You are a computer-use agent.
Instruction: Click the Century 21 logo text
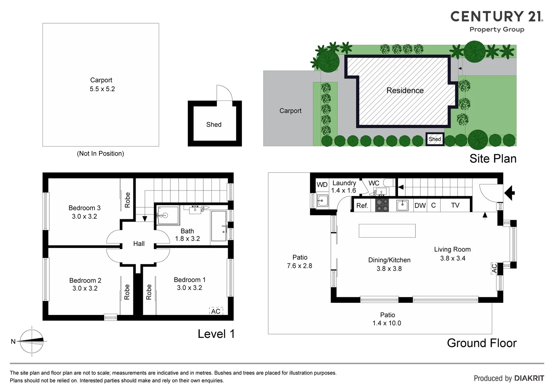pos(496,17)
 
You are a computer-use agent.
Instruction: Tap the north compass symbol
pos(32,341)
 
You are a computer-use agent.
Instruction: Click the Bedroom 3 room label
pos(84,208)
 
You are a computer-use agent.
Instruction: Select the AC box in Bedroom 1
pos(216,311)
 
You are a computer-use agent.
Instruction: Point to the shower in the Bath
pos(168,216)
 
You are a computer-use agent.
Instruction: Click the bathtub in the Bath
pos(219,226)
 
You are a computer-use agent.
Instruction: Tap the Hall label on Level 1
pos(139,244)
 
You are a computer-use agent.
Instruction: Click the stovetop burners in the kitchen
pos(382,205)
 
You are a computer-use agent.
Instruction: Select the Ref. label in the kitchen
pos(362,205)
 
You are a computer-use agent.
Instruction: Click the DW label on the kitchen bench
pos(420,205)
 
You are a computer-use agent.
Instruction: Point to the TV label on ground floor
pos(455,205)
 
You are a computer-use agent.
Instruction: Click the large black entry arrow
pos(510,193)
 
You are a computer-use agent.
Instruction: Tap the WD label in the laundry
pos(322,184)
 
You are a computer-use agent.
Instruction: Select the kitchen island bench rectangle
pos(387,231)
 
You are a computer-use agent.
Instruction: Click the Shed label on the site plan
pos(435,139)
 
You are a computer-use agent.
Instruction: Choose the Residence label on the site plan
pos(405,90)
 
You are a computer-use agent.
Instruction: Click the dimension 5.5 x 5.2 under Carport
pos(102,89)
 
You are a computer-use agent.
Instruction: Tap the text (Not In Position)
pos(100,154)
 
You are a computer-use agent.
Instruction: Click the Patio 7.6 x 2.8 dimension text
pos(299,266)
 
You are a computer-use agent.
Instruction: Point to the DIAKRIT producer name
pos(529,378)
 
